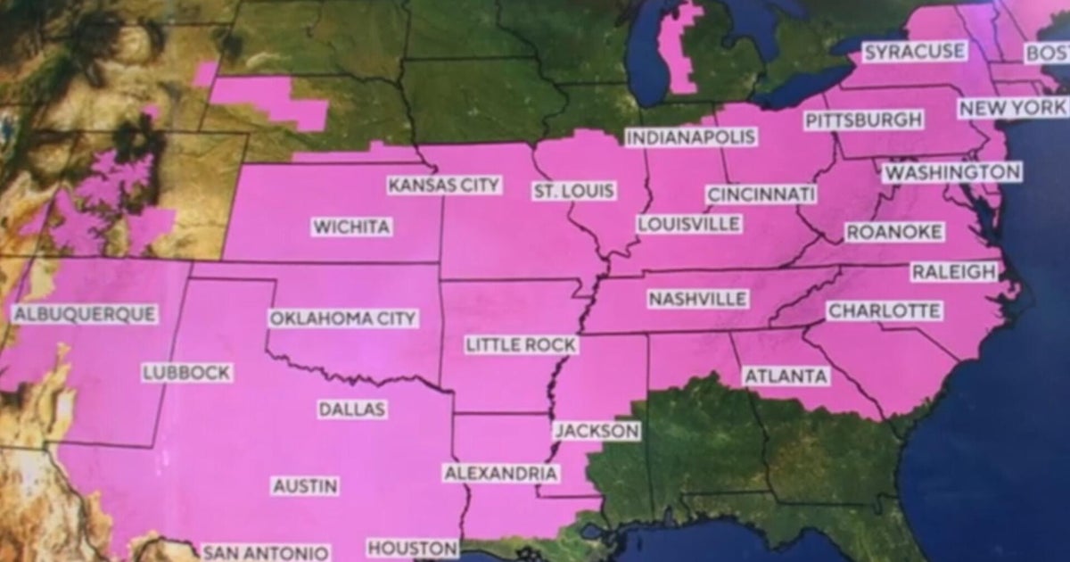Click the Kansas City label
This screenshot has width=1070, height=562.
pyautogui.click(x=445, y=186)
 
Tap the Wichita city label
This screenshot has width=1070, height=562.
pyautogui.click(x=351, y=227)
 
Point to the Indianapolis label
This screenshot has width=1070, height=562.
pyautogui.click(x=690, y=137)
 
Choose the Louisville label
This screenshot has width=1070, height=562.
pyautogui.click(x=689, y=224)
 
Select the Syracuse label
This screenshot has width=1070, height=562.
pyautogui.click(x=914, y=52)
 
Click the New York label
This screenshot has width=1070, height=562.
pyautogui.click(x=1013, y=108)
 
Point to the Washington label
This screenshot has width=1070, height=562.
pyautogui.click(x=951, y=171)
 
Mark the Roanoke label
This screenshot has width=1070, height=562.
pyautogui.click(x=893, y=232)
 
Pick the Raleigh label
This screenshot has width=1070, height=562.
pyautogui.click(x=953, y=272)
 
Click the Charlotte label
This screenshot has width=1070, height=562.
pyautogui.click(x=884, y=311)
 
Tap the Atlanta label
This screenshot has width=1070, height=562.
pyautogui.click(x=786, y=376)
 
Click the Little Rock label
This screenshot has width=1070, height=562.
pyautogui.click(x=521, y=344)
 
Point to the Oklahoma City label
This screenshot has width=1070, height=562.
pyautogui.click(x=342, y=318)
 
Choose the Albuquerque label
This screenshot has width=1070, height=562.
pyautogui.click(x=85, y=314)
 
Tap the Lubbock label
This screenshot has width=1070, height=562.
pyautogui.click(x=186, y=373)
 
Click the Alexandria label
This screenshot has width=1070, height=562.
pyautogui.click(x=500, y=473)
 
